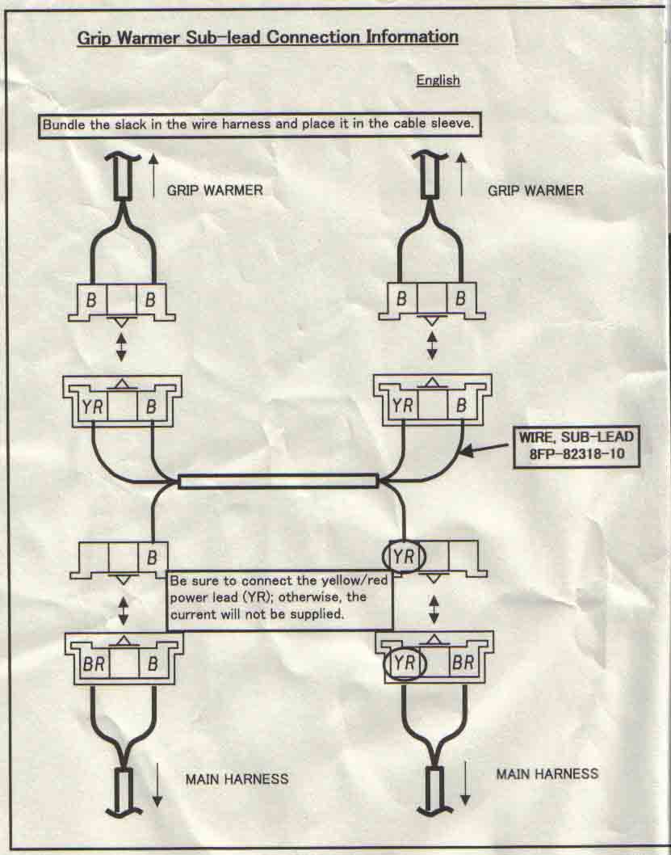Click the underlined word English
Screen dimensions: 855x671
438,80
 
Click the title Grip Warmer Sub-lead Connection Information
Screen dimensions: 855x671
267,37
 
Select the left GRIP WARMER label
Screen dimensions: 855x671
215,191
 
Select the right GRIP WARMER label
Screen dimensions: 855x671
535,191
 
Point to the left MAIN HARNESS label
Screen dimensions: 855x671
237,779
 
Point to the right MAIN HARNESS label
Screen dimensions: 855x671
547,773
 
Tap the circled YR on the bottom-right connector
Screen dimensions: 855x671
402,663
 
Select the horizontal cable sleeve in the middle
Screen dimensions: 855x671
278,482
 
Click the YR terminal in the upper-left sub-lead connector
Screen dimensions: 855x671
90,406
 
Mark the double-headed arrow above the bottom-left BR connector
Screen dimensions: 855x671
123,609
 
